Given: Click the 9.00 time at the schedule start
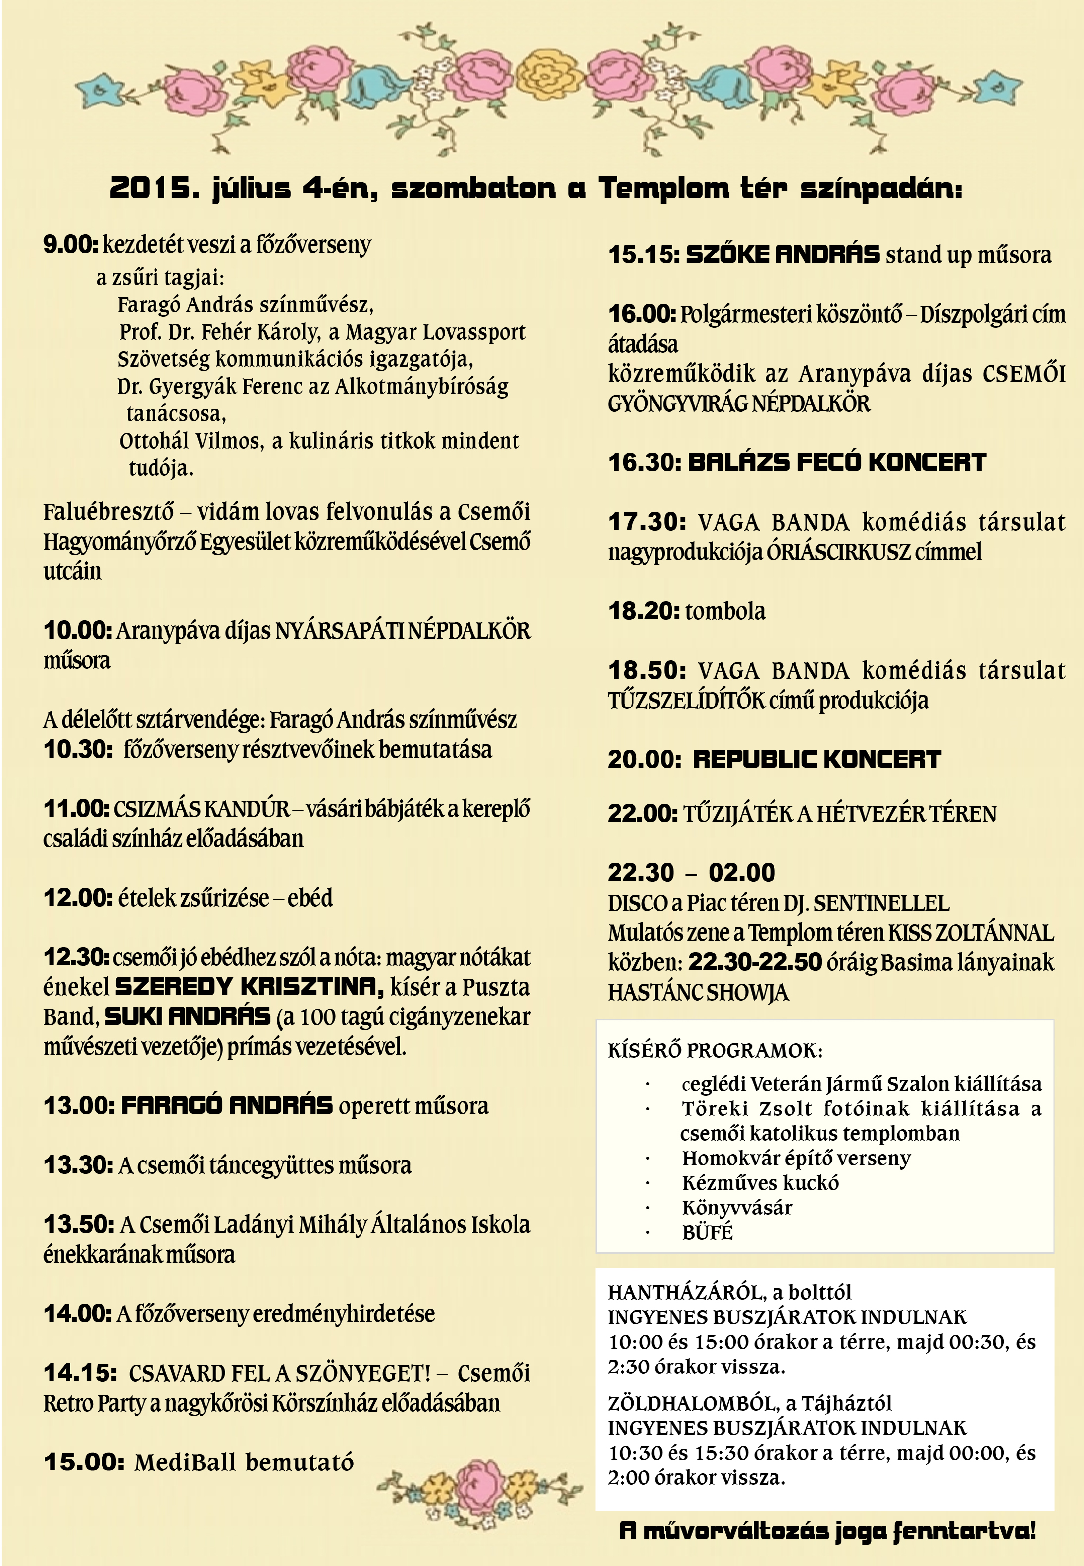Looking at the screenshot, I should [x=70, y=245].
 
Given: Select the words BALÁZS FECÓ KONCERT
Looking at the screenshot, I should [x=837, y=462].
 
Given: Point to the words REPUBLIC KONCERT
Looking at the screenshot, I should [x=817, y=759].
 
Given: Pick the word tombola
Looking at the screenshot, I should [x=725, y=611].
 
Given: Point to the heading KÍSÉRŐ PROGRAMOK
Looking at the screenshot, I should [x=715, y=1051].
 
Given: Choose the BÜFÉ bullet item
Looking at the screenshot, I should [x=708, y=1233].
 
